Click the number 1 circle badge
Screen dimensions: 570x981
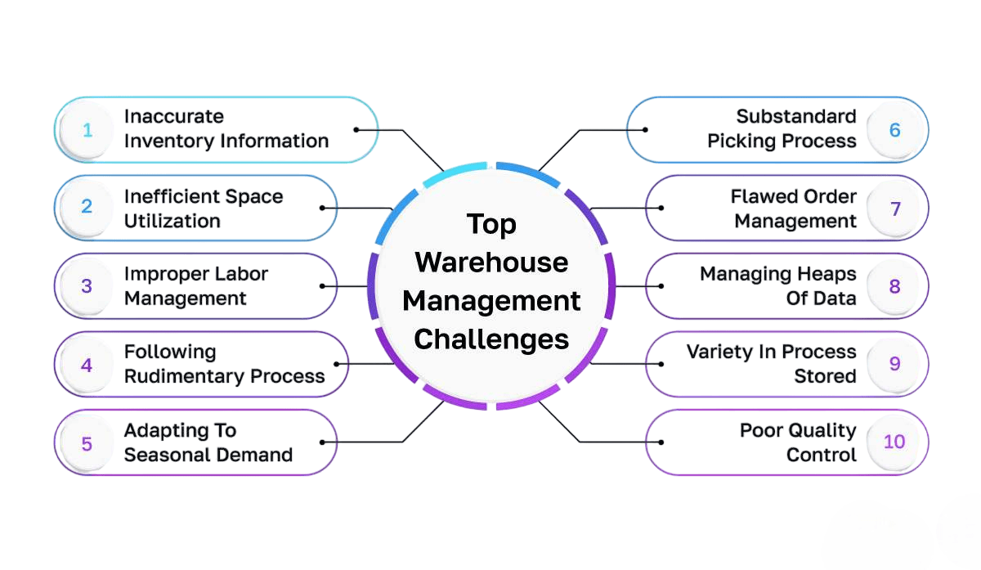click(x=87, y=130)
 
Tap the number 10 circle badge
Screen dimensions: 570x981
click(x=894, y=442)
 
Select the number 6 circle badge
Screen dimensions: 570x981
click(x=894, y=130)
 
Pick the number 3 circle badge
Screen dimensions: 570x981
click(x=87, y=286)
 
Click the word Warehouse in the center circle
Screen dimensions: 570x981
click(x=491, y=263)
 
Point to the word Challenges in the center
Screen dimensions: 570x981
click(x=491, y=339)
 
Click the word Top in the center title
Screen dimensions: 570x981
click(x=491, y=224)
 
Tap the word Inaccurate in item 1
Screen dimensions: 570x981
click(x=173, y=116)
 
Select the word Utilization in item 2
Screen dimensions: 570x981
click(x=172, y=221)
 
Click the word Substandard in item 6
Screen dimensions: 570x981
click(x=795, y=116)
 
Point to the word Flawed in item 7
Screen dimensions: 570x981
click(x=760, y=196)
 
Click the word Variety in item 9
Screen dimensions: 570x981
click(x=719, y=352)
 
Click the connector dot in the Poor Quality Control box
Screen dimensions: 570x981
click(x=661, y=442)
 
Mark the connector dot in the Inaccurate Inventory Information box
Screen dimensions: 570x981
click(x=356, y=129)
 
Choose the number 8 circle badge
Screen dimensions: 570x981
click(x=894, y=286)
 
